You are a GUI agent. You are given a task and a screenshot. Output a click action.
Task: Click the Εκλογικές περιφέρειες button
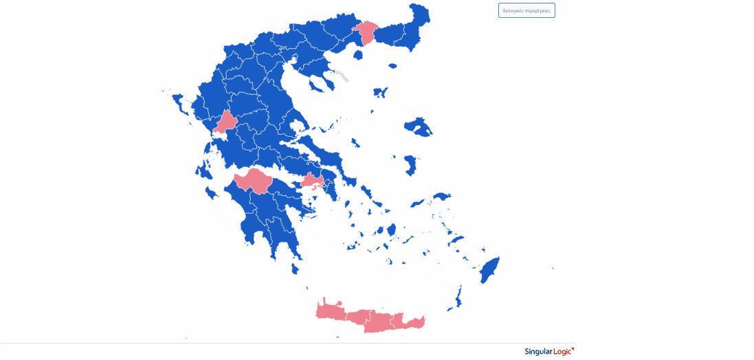click(x=526, y=10)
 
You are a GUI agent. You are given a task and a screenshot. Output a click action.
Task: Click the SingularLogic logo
click(x=548, y=352)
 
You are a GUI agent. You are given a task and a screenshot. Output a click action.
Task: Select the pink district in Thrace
click(x=366, y=32)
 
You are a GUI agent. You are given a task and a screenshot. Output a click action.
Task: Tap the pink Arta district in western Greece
click(x=225, y=122)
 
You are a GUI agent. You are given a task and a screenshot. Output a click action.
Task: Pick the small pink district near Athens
click(x=312, y=181)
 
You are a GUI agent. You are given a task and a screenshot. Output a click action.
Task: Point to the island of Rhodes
click(x=489, y=270)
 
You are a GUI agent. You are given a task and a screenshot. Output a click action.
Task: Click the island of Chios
click(x=410, y=164)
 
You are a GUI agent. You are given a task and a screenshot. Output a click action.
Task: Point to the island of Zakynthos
click(x=212, y=193)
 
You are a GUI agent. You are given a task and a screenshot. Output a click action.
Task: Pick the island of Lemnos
click(x=379, y=92)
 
